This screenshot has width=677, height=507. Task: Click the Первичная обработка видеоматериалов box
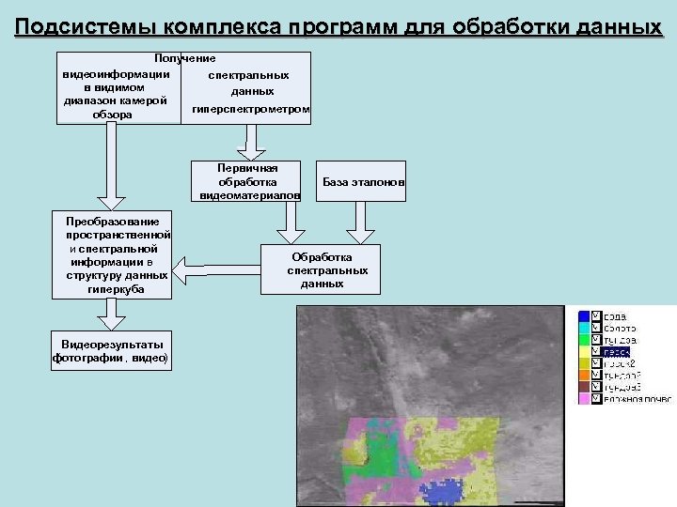247,180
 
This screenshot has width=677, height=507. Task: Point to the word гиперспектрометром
249,110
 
